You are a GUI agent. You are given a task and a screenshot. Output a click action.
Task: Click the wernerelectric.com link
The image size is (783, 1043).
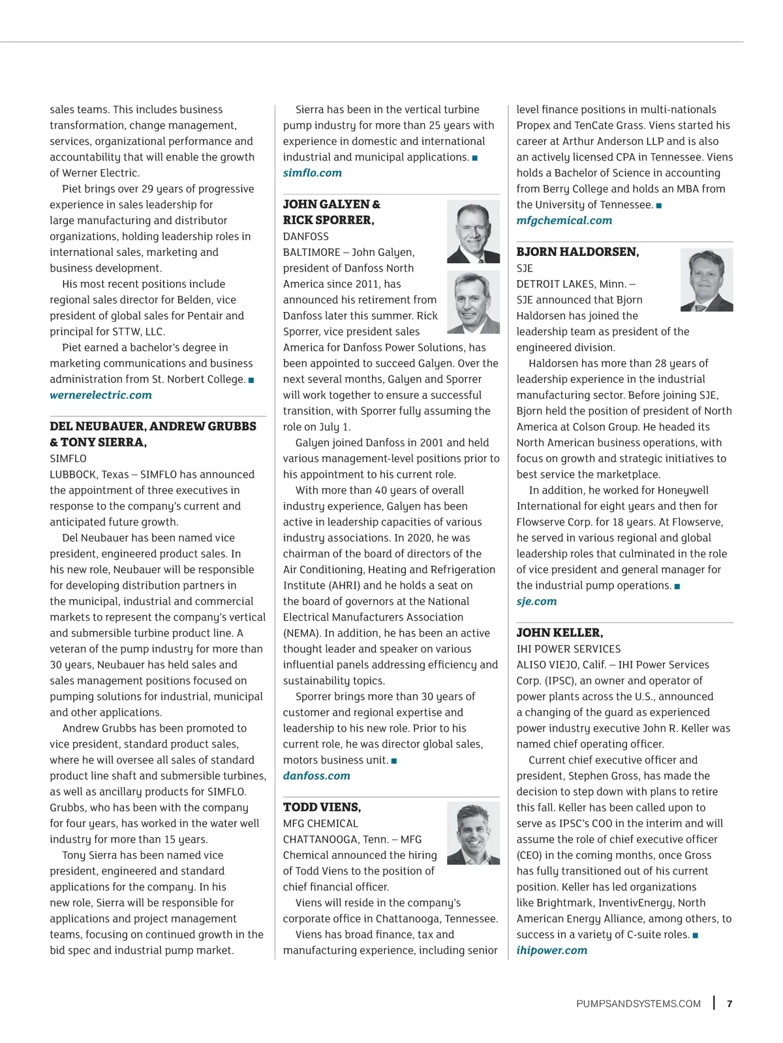100,395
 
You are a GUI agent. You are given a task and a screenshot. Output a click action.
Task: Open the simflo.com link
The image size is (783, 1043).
312,173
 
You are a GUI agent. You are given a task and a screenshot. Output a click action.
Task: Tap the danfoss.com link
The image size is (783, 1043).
316,775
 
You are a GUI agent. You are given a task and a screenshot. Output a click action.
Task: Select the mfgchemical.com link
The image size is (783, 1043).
564,221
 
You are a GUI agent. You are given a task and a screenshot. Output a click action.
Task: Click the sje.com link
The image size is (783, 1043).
536,601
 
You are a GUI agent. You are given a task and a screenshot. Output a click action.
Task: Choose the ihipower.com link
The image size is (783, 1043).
551,950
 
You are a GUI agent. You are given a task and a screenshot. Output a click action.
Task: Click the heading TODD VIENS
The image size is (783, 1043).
322,807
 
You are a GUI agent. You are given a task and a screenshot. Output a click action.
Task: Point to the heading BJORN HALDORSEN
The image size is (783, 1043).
577,252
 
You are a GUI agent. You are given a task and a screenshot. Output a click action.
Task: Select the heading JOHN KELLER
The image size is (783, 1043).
559,632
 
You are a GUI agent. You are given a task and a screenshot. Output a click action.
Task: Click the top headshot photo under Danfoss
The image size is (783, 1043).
473,232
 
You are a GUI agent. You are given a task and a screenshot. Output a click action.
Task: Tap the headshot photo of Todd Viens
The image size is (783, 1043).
473,833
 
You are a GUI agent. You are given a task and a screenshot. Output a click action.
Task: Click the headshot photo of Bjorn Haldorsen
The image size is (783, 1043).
706,279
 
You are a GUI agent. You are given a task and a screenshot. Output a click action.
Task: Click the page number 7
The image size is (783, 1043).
729,1004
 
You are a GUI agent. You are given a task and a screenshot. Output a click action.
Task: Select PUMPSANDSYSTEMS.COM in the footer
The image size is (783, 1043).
638,1004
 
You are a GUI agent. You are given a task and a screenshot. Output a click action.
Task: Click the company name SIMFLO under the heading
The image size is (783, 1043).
68,458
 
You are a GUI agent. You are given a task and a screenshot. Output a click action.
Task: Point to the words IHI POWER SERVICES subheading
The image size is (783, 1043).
568,649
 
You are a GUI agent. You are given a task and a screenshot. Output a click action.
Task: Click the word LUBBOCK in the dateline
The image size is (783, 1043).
72,475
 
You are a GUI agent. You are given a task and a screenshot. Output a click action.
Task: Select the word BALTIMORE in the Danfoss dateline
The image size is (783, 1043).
311,252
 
